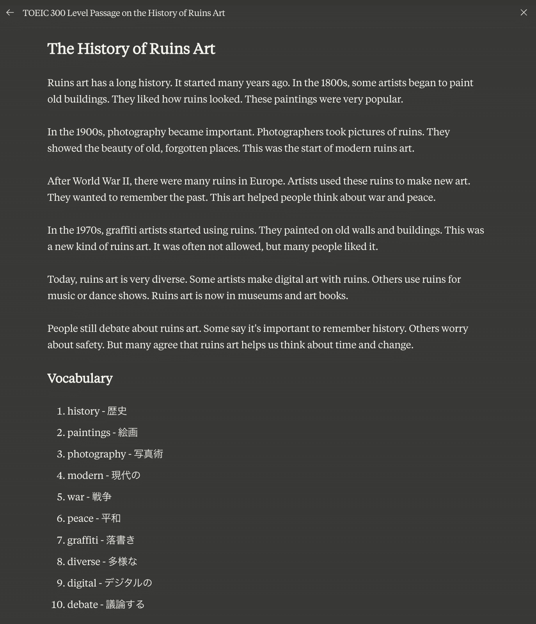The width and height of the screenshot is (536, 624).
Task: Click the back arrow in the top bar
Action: pyautogui.click(x=10, y=13)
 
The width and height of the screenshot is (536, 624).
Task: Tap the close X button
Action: pyautogui.click(x=524, y=13)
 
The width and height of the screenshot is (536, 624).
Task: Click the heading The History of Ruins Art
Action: pyautogui.click(x=131, y=49)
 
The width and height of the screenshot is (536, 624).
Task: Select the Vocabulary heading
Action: pyautogui.click(x=80, y=378)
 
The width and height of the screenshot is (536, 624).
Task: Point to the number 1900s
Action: pyautogui.click(x=90, y=132)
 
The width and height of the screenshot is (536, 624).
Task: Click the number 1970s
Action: pyautogui.click(x=90, y=230)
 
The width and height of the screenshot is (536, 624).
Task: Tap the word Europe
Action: pyautogui.click(x=267, y=181)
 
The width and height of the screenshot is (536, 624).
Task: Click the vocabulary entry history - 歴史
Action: pyautogui.click(x=97, y=411)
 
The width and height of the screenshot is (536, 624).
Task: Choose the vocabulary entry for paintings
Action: pyautogui.click(x=102, y=433)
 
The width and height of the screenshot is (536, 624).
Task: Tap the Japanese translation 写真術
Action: pyautogui.click(x=149, y=454)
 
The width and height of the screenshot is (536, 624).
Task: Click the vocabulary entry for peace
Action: pyautogui.click(x=94, y=518)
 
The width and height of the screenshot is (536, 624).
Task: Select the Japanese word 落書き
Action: pyautogui.click(x=121, y=540)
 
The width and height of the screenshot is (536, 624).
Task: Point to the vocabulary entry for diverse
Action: pyautogui.click(x=102, y=562)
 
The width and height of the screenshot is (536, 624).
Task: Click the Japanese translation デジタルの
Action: pyautogui.click(x=128, y=583)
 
